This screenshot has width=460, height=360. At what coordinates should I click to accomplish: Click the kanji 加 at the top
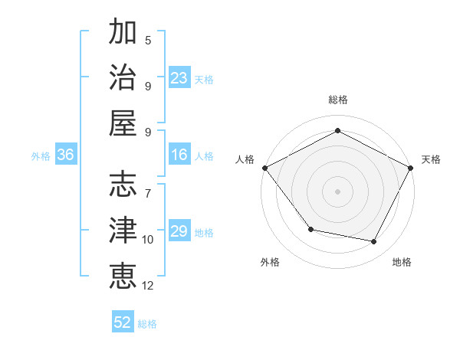pyautogui.click(x=123, y=32)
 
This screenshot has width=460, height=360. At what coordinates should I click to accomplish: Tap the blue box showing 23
pyautogui.click(x=179, y=77)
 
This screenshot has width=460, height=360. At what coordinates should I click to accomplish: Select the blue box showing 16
pyautogui.click(x=179, y=155)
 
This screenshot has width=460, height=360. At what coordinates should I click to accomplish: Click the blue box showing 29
pyautogui.click(x=179, y=231)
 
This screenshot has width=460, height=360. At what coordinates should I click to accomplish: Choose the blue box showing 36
pyautogui.click(x=65, y=155)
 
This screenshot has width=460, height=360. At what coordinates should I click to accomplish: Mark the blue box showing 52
pyautogui.click(x=123, y=322)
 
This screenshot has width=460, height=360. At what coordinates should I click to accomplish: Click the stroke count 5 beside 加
pyautogui.click(x=148, y=40)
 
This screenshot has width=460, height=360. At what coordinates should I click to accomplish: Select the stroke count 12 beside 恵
pyautogui.click(x=148, y=286)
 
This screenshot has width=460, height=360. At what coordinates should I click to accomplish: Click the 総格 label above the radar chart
pyautogui.click(x=337, y=100)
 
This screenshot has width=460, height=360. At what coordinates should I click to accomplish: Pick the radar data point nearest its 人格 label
pyautogui.click(x=264, y=168)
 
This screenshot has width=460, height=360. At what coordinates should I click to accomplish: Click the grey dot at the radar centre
pyautogui.click(x=337, y=191)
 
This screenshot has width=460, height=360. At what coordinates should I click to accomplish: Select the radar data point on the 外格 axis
pyautogui.click(x=310, y=229)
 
